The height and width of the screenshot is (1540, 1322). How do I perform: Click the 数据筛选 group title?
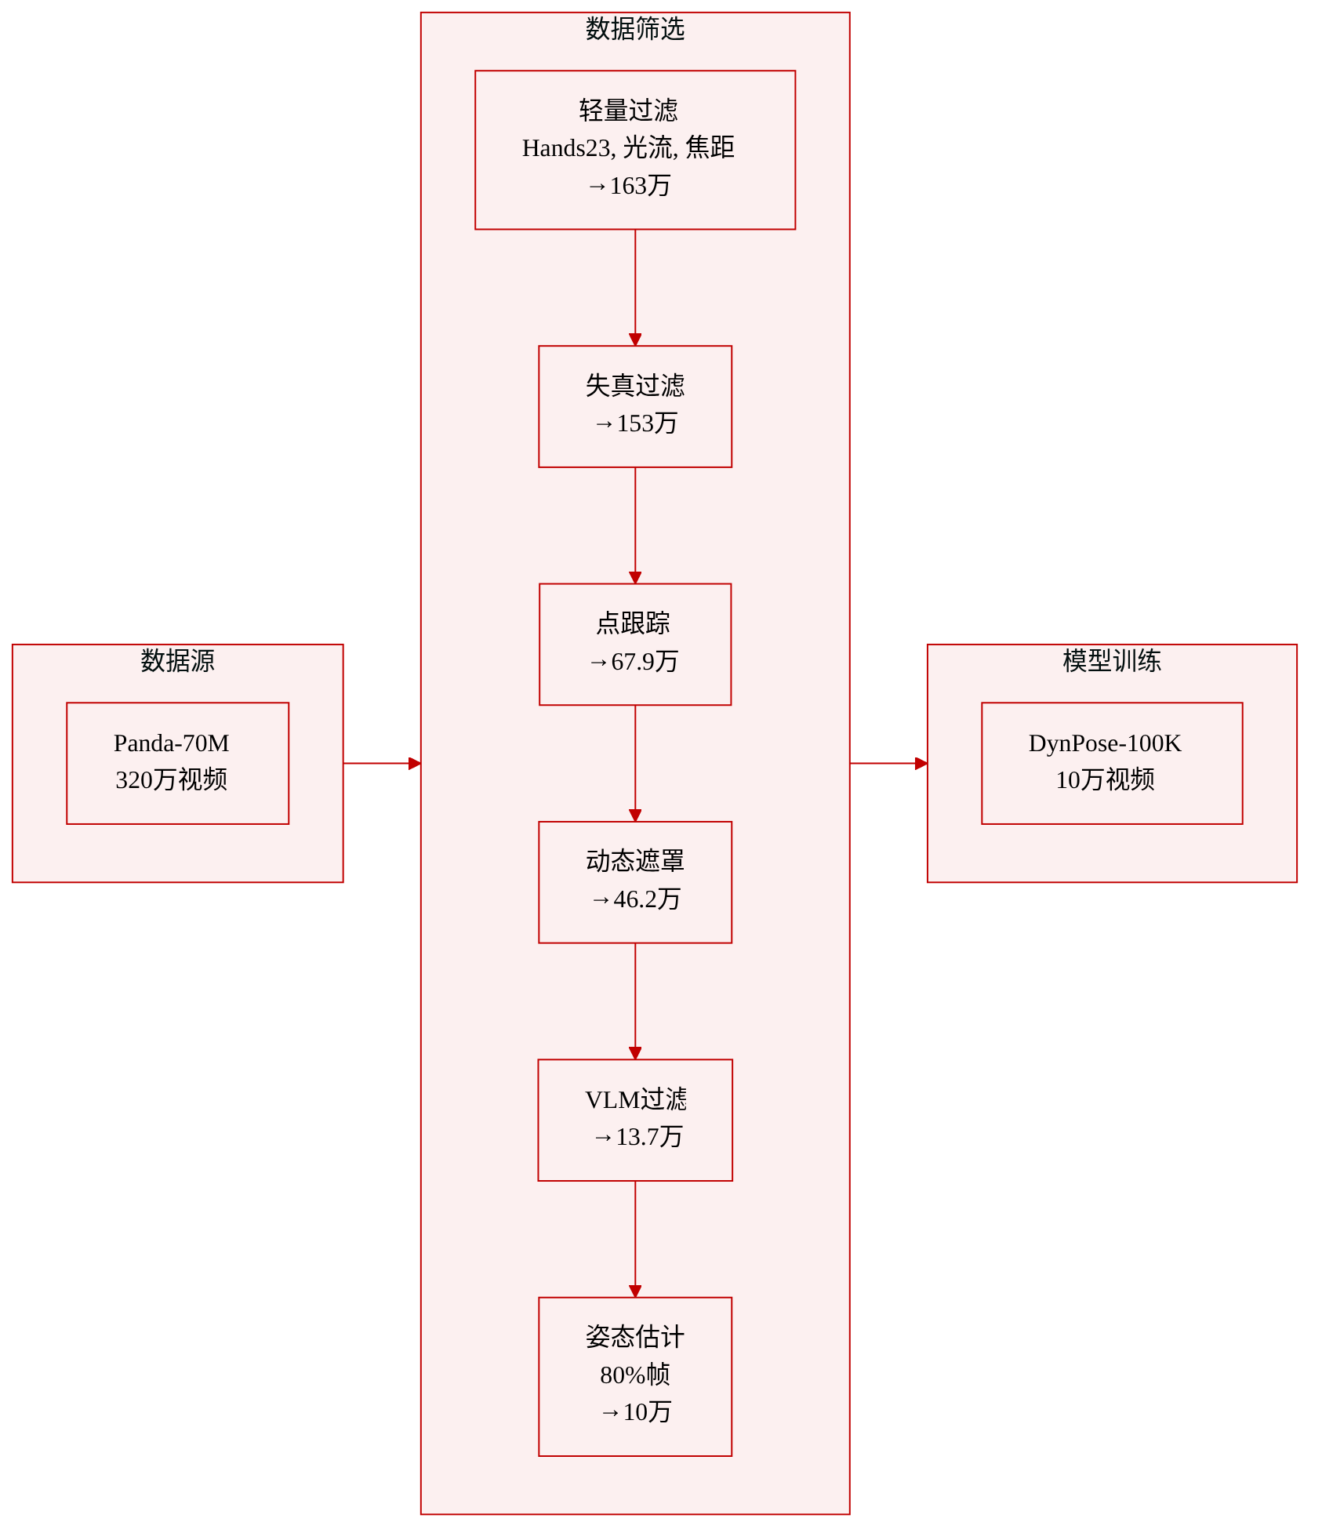click(635, 29)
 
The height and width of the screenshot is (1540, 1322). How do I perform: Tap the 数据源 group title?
click(177, 661)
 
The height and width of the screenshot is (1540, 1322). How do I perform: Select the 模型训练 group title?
click(1112, 661)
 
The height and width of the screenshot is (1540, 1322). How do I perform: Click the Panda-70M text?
click(172, 743)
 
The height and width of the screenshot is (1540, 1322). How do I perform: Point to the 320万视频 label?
click(172, 779)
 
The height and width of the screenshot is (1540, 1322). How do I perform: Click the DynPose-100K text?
click(1105, 743)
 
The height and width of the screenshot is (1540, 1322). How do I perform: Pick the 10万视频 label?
click(1105, 779)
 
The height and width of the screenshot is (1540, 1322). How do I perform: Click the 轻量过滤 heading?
click(629, 111)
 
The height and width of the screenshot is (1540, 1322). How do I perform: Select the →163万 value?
click(629, 186)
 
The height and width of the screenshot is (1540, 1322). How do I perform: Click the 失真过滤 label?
click(635, 386)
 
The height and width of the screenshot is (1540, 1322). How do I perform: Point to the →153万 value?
click(635, 423)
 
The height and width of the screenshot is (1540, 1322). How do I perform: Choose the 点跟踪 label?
click(634, 623)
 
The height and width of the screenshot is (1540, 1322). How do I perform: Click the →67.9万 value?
click(634, 662)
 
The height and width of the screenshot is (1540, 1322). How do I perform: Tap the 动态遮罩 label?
click(635, 861)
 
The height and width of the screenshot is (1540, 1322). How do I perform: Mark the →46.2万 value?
click(635, 899)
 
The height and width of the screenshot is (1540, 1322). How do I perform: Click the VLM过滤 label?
click(636, 1099)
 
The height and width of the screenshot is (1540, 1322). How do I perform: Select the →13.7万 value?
click(637, 1137)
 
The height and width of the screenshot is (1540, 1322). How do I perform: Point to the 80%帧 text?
click(635, 1375)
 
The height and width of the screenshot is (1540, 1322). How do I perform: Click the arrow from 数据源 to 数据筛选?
click(383, 763)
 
